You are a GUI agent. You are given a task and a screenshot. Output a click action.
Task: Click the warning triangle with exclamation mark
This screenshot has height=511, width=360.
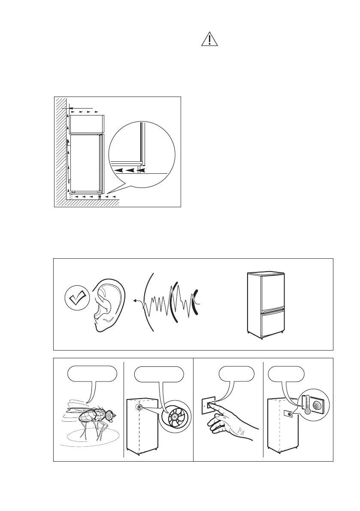coord(209,39)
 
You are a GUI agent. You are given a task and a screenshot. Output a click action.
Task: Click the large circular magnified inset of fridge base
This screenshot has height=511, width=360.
coord(142,155)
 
